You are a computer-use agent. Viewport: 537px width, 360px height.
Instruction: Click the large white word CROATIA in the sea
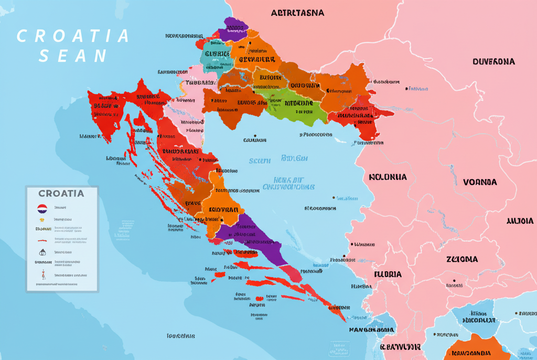coord(73,36)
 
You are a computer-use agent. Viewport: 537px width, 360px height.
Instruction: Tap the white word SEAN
coord(73,56)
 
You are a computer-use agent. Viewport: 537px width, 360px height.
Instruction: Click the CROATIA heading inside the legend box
coord(61,193)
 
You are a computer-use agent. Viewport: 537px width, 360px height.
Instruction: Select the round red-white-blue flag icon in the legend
coord(42,208)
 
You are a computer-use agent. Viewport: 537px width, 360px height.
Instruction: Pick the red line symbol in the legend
coord(42,240)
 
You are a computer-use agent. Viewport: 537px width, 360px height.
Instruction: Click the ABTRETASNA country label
coord(297,13)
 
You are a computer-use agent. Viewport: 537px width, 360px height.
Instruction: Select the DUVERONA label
coord(493,61)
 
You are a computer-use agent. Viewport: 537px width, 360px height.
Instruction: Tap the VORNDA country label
coord(480,182)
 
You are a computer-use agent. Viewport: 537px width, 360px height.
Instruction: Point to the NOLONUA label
coord(388,177)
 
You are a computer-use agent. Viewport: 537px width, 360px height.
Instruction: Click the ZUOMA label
coord(462,259)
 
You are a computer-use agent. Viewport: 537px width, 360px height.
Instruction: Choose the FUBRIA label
coord(388,274)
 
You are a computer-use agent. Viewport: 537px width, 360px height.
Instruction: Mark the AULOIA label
coord(520,221)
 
